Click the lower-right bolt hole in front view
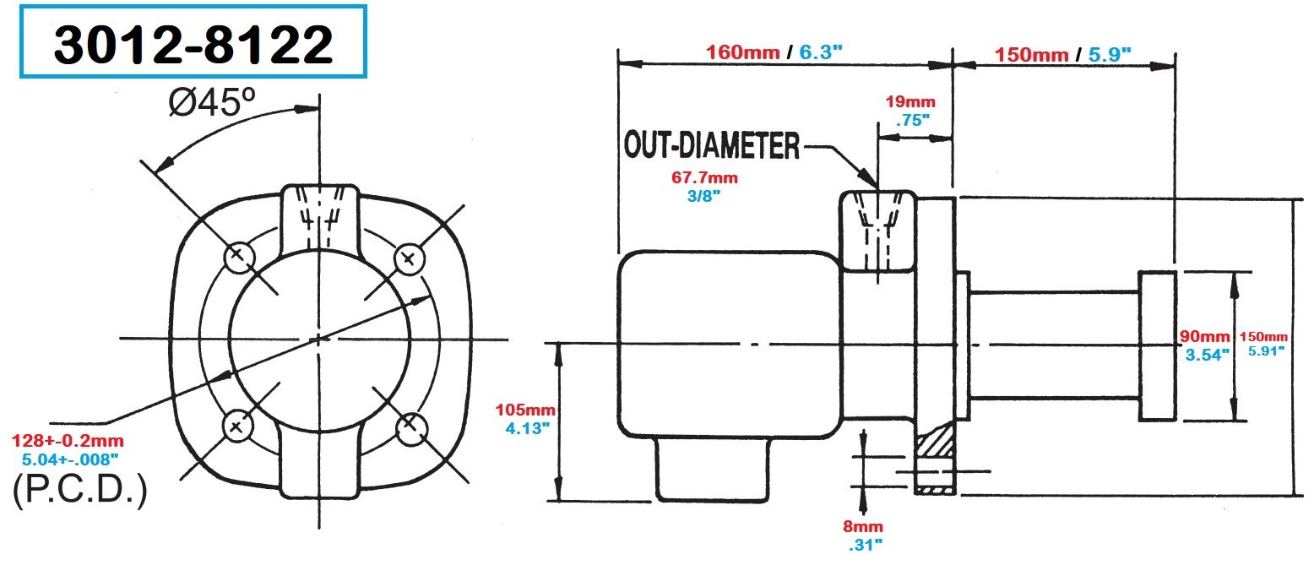[x=410, y=427]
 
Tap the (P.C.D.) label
[x=80, y=492]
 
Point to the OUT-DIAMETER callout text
[x=711, y=146]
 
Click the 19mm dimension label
[x=909, y=103]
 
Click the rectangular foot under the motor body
[x=714, y=469]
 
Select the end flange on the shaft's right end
[x=1157, y=345]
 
